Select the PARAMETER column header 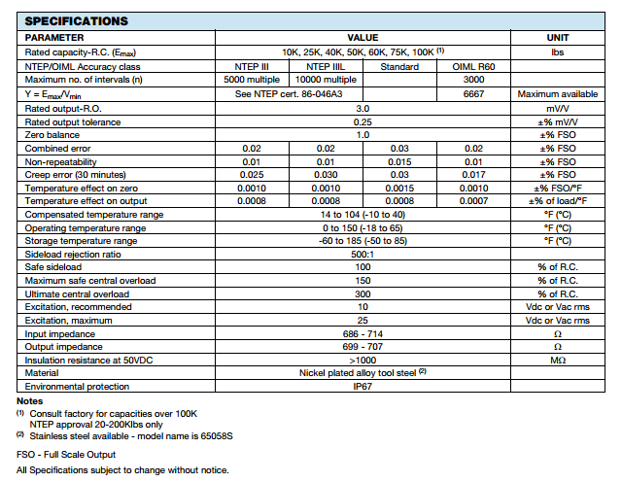pos(55,36)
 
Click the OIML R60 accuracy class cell pos(474,65)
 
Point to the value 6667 pos(474,93)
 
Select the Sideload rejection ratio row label pos(75,254)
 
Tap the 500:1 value pos(363,254)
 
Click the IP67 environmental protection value pos(363,387)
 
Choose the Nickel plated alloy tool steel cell pos(363,373)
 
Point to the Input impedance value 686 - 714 pos(363,333)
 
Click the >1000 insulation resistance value pos(363,361)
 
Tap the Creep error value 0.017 pos(474,173)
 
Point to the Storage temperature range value pos(363,240)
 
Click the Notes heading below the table pos(30,401)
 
